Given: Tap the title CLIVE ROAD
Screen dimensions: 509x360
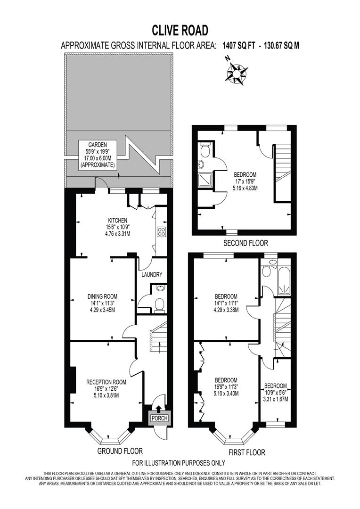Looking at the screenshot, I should (x=180, y=31).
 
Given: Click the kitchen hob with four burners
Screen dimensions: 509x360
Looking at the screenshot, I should (x=162, y=232).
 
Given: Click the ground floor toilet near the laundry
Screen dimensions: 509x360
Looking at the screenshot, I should (x=159, y=304).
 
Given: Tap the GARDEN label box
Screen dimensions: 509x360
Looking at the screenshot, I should (x=98, y=155).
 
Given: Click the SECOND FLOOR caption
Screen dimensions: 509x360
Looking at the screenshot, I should (x=245, y=243).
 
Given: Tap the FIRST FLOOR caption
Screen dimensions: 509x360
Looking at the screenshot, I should (x=246, y=452).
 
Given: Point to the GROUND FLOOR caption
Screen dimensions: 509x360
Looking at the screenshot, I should (x=120, y=451).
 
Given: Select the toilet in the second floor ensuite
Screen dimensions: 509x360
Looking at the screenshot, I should (x=205, y=151).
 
